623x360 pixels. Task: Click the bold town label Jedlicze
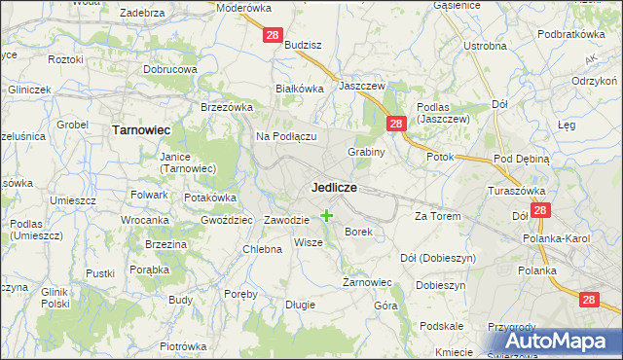(x=334, y=186)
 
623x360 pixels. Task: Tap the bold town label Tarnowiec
(x=141, y=128)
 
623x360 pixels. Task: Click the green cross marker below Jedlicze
(x=326, y=215)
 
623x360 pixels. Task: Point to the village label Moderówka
(x=244, y=7)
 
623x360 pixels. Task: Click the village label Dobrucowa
(x=170, y=70)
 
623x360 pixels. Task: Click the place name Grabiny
(x=367, y=152)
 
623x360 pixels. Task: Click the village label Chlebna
(x=262, y=249)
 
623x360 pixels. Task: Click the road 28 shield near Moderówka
(x=273, y=35)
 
